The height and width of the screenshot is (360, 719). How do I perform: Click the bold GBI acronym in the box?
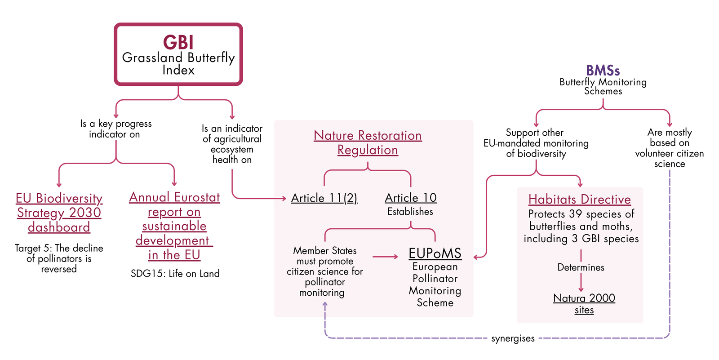[178, 42]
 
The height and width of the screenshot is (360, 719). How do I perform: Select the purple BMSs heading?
[603, 70]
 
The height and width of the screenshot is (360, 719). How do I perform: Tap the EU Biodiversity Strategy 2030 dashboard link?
[59, 213]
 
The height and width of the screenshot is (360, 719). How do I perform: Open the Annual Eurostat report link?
[174, 226]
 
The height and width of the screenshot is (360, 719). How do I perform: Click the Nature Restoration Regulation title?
[368, 142]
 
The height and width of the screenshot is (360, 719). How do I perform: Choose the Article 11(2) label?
[324, 198]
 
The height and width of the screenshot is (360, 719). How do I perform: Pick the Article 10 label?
[411, 198]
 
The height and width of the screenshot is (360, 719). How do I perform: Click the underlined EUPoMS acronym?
[435, 253]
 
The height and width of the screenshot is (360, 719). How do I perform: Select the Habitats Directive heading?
[580, 200]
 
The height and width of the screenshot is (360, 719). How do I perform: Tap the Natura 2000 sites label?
[584, 304]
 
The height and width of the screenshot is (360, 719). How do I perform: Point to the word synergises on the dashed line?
[513, 338]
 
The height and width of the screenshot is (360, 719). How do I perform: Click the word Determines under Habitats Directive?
[581, 267]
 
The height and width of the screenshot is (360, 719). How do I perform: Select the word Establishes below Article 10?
[410, 212]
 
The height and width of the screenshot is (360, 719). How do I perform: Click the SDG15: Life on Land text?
[175, 274]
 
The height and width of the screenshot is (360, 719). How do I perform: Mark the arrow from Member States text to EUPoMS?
[385, 257]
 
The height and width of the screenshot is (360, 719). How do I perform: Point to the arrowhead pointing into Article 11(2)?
[284, 199]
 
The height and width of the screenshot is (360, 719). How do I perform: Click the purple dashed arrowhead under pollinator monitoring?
[325, 304]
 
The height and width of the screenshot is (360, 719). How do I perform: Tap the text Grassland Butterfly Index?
[178, 63]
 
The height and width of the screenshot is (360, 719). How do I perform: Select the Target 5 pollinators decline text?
[59, 258]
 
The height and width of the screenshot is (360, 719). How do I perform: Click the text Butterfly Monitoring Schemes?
[603, 86]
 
